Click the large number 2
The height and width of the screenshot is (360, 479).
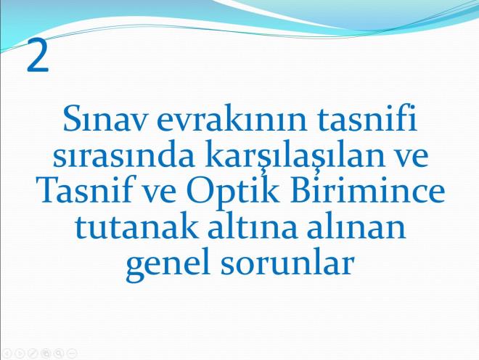pyautogui.click(x=38, y=56)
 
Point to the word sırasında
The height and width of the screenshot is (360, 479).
pyautogui.click(x=123, y=154)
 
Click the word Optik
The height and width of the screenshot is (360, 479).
pyautogui.click(x=232, y=192)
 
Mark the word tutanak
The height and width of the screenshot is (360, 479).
pyautogui.click(x=136, y=225)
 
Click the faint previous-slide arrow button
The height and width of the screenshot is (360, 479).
pyautogui.click(x=7, y=353)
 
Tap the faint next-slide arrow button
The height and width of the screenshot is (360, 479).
pyautogui.click(x=20, y=353)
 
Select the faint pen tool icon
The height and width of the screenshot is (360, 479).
pyautogui.click(x=33, y=353)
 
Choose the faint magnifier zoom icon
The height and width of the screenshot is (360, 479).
pyautogui.click(x=59, y=353)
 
